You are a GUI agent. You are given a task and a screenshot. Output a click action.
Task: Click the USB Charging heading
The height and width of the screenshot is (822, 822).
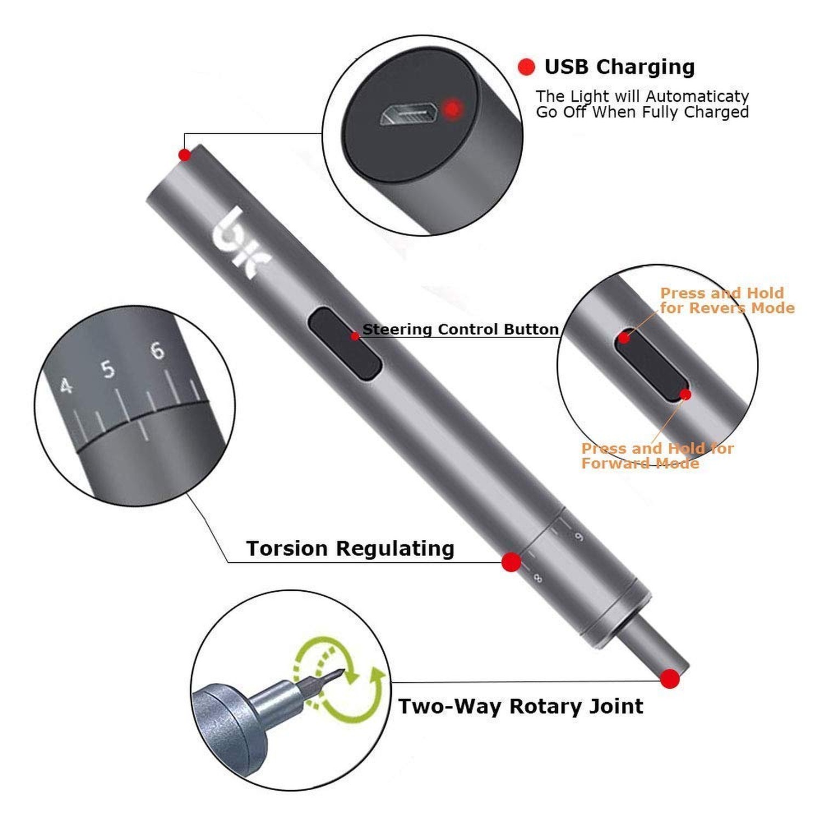pos(619,67)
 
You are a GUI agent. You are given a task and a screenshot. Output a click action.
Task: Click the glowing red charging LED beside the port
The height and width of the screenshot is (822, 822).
pos(452,109)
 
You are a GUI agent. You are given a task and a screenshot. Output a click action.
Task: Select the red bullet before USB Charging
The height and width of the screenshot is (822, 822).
pos(526,67)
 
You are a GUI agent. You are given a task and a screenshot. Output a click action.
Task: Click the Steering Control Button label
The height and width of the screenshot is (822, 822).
pos(460,329)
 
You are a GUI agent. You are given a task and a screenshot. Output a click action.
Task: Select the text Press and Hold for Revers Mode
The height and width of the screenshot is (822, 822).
pos(727,300)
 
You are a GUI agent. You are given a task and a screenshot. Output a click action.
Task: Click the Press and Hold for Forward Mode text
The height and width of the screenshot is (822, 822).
pos(657,456)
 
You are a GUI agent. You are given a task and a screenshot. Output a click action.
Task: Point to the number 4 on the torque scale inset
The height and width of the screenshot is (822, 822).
pos(66,386)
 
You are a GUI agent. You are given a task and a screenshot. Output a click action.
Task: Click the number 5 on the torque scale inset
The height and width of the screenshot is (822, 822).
pos(109,369)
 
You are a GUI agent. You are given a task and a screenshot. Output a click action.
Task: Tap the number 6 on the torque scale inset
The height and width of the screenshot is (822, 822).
pos(157,350)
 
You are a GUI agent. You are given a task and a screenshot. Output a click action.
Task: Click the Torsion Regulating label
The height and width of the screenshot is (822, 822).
pos(350,549)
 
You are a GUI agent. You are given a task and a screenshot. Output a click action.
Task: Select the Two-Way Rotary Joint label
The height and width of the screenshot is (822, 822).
pos(521,706)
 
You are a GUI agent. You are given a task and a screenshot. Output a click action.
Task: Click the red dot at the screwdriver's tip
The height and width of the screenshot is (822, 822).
pos(670,678)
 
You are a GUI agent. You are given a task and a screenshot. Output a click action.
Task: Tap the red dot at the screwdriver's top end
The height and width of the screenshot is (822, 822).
pos(185,155)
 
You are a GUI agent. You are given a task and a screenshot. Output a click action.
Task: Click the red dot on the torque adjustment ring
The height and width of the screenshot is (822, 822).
pos(511,562)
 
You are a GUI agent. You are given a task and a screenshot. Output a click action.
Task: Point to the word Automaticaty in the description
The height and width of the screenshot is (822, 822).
pos(698,96)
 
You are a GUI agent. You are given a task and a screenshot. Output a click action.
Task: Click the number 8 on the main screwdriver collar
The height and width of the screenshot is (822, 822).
pos(538,577)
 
